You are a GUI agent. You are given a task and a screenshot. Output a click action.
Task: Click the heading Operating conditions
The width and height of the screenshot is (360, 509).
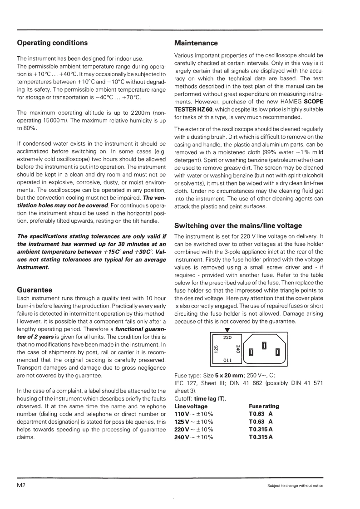pyautogui.click(x=52, y=43)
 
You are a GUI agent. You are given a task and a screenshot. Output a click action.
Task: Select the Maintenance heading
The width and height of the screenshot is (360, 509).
pyautogui.click(x=196, y=43)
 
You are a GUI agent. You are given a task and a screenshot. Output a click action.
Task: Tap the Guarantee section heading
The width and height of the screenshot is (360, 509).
pyautogui.click(x=35, y=290)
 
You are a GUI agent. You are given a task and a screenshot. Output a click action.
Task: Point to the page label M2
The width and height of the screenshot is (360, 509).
pyautogui.click(x=21, y=485)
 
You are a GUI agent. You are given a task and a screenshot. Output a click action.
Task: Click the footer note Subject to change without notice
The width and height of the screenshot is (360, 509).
pyautogui.click(x=296, y=486)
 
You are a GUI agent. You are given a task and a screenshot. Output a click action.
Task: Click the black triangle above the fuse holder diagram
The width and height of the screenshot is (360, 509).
pyautogui.click(x=227, y=330)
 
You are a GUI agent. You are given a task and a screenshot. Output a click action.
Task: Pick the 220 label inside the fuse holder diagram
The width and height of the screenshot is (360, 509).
pyautogui.click(x=227, y=338)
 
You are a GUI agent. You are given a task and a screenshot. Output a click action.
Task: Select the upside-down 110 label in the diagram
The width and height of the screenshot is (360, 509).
pyautogui.click(x=227, y=361)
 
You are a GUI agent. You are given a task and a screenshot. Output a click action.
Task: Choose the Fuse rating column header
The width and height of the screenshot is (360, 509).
pyautogui.click(x=264, y=406)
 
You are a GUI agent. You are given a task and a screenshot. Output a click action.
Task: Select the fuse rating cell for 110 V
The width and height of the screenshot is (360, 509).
pyautogui.click(x=261, y=414)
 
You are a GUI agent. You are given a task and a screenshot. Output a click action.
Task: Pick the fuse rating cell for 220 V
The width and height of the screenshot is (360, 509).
pyautogui.click(x=261, y=430)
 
